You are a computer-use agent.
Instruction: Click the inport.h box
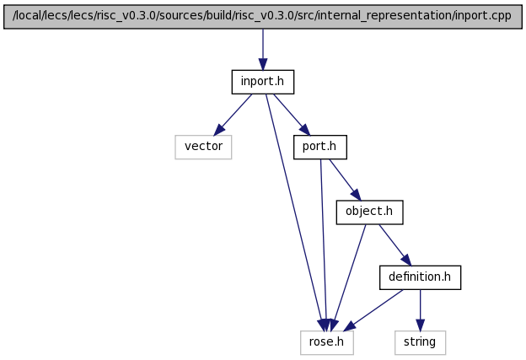pyautogui.click(x=263, y=82)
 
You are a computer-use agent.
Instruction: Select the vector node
pyautogui.click(x=203, y=147)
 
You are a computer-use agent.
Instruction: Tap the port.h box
pyautogui.click(x=320, y=147)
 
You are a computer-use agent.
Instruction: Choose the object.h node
pyautogui.click(x=369, y=212)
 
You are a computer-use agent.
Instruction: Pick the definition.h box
pyautogui.click(x=420, y=277)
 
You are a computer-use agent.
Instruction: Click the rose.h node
pyautogui.click(x=327, y=342)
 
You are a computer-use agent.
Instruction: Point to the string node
pyautogui.click(x=420, y=342)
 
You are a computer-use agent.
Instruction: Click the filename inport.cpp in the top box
pyautogui.click(x=483, y=16)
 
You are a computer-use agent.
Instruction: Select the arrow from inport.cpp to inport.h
pyautogui.click(x=263, y=49)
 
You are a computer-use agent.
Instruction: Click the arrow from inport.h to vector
pyautogui.click(x=233, y=115)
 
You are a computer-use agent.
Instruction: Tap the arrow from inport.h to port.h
pyautogui.click(x=292, y=115)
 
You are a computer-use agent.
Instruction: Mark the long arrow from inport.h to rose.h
pyautogui.click(x=295, y=212)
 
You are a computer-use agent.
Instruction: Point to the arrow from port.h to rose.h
pyautogui.click(x=324, y=245)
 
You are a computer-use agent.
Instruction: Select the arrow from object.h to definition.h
pyautogui.click(x=394, y=245)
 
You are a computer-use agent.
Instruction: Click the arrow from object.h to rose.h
pyautogui.click(x=349, y=277)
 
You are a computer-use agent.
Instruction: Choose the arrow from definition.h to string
pyautogui.click(x=420, y=310)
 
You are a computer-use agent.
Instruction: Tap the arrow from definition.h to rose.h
pyautogui.click(x=373, y=310)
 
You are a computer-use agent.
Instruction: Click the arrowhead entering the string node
pyautogui.click(x=420, y=325)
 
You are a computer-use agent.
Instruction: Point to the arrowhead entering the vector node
pyautogui.click(x=218, y=130)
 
